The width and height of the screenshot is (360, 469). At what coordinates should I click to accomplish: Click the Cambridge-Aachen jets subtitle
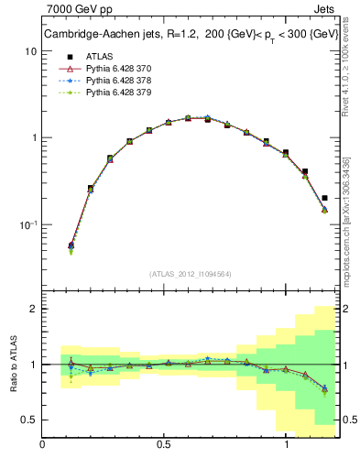tap(188, 35)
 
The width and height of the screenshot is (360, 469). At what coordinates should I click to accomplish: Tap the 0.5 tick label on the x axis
tap(164, 445)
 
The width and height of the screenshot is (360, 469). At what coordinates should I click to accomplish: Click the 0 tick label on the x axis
tap(42, 445)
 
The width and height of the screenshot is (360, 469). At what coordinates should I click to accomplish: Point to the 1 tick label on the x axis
tap(287, 445)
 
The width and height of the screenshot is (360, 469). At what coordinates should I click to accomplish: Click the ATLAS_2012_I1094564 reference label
tap(189, 274)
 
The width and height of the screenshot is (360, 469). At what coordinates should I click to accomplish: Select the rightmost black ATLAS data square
tap(325, 197)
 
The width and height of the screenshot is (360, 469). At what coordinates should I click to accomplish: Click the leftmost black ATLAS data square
tap(71, 245)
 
